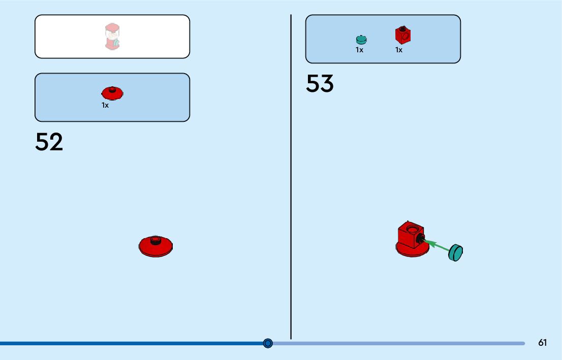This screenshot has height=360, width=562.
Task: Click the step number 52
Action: tap(49, 142)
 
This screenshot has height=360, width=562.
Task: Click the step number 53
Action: tap(320, 84)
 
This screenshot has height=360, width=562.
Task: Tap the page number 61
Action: tap(543, 343)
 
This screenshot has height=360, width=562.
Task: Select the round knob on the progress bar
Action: tap(268, 343)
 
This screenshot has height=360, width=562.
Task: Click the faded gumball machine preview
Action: tap(112, 37)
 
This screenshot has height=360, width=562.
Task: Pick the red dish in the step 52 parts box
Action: tap(112, 93)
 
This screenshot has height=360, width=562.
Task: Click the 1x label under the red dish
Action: tap(105, 105)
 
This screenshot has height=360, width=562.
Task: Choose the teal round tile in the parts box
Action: tap(361, 39)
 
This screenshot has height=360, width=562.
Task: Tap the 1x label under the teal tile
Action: tap(359, 50)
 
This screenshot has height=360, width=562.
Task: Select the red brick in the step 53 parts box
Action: tap(403, 35)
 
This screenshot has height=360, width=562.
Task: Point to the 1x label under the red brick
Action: tap(399, 50)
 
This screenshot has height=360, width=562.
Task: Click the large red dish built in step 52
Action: tap(156, 246)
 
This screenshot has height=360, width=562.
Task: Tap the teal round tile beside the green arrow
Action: tap(456, 252)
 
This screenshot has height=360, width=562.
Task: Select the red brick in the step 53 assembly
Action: tap(409, 235)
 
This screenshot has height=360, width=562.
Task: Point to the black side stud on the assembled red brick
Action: tap(420, 239)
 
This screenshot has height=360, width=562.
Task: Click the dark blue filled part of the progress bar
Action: tap(132, 343)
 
